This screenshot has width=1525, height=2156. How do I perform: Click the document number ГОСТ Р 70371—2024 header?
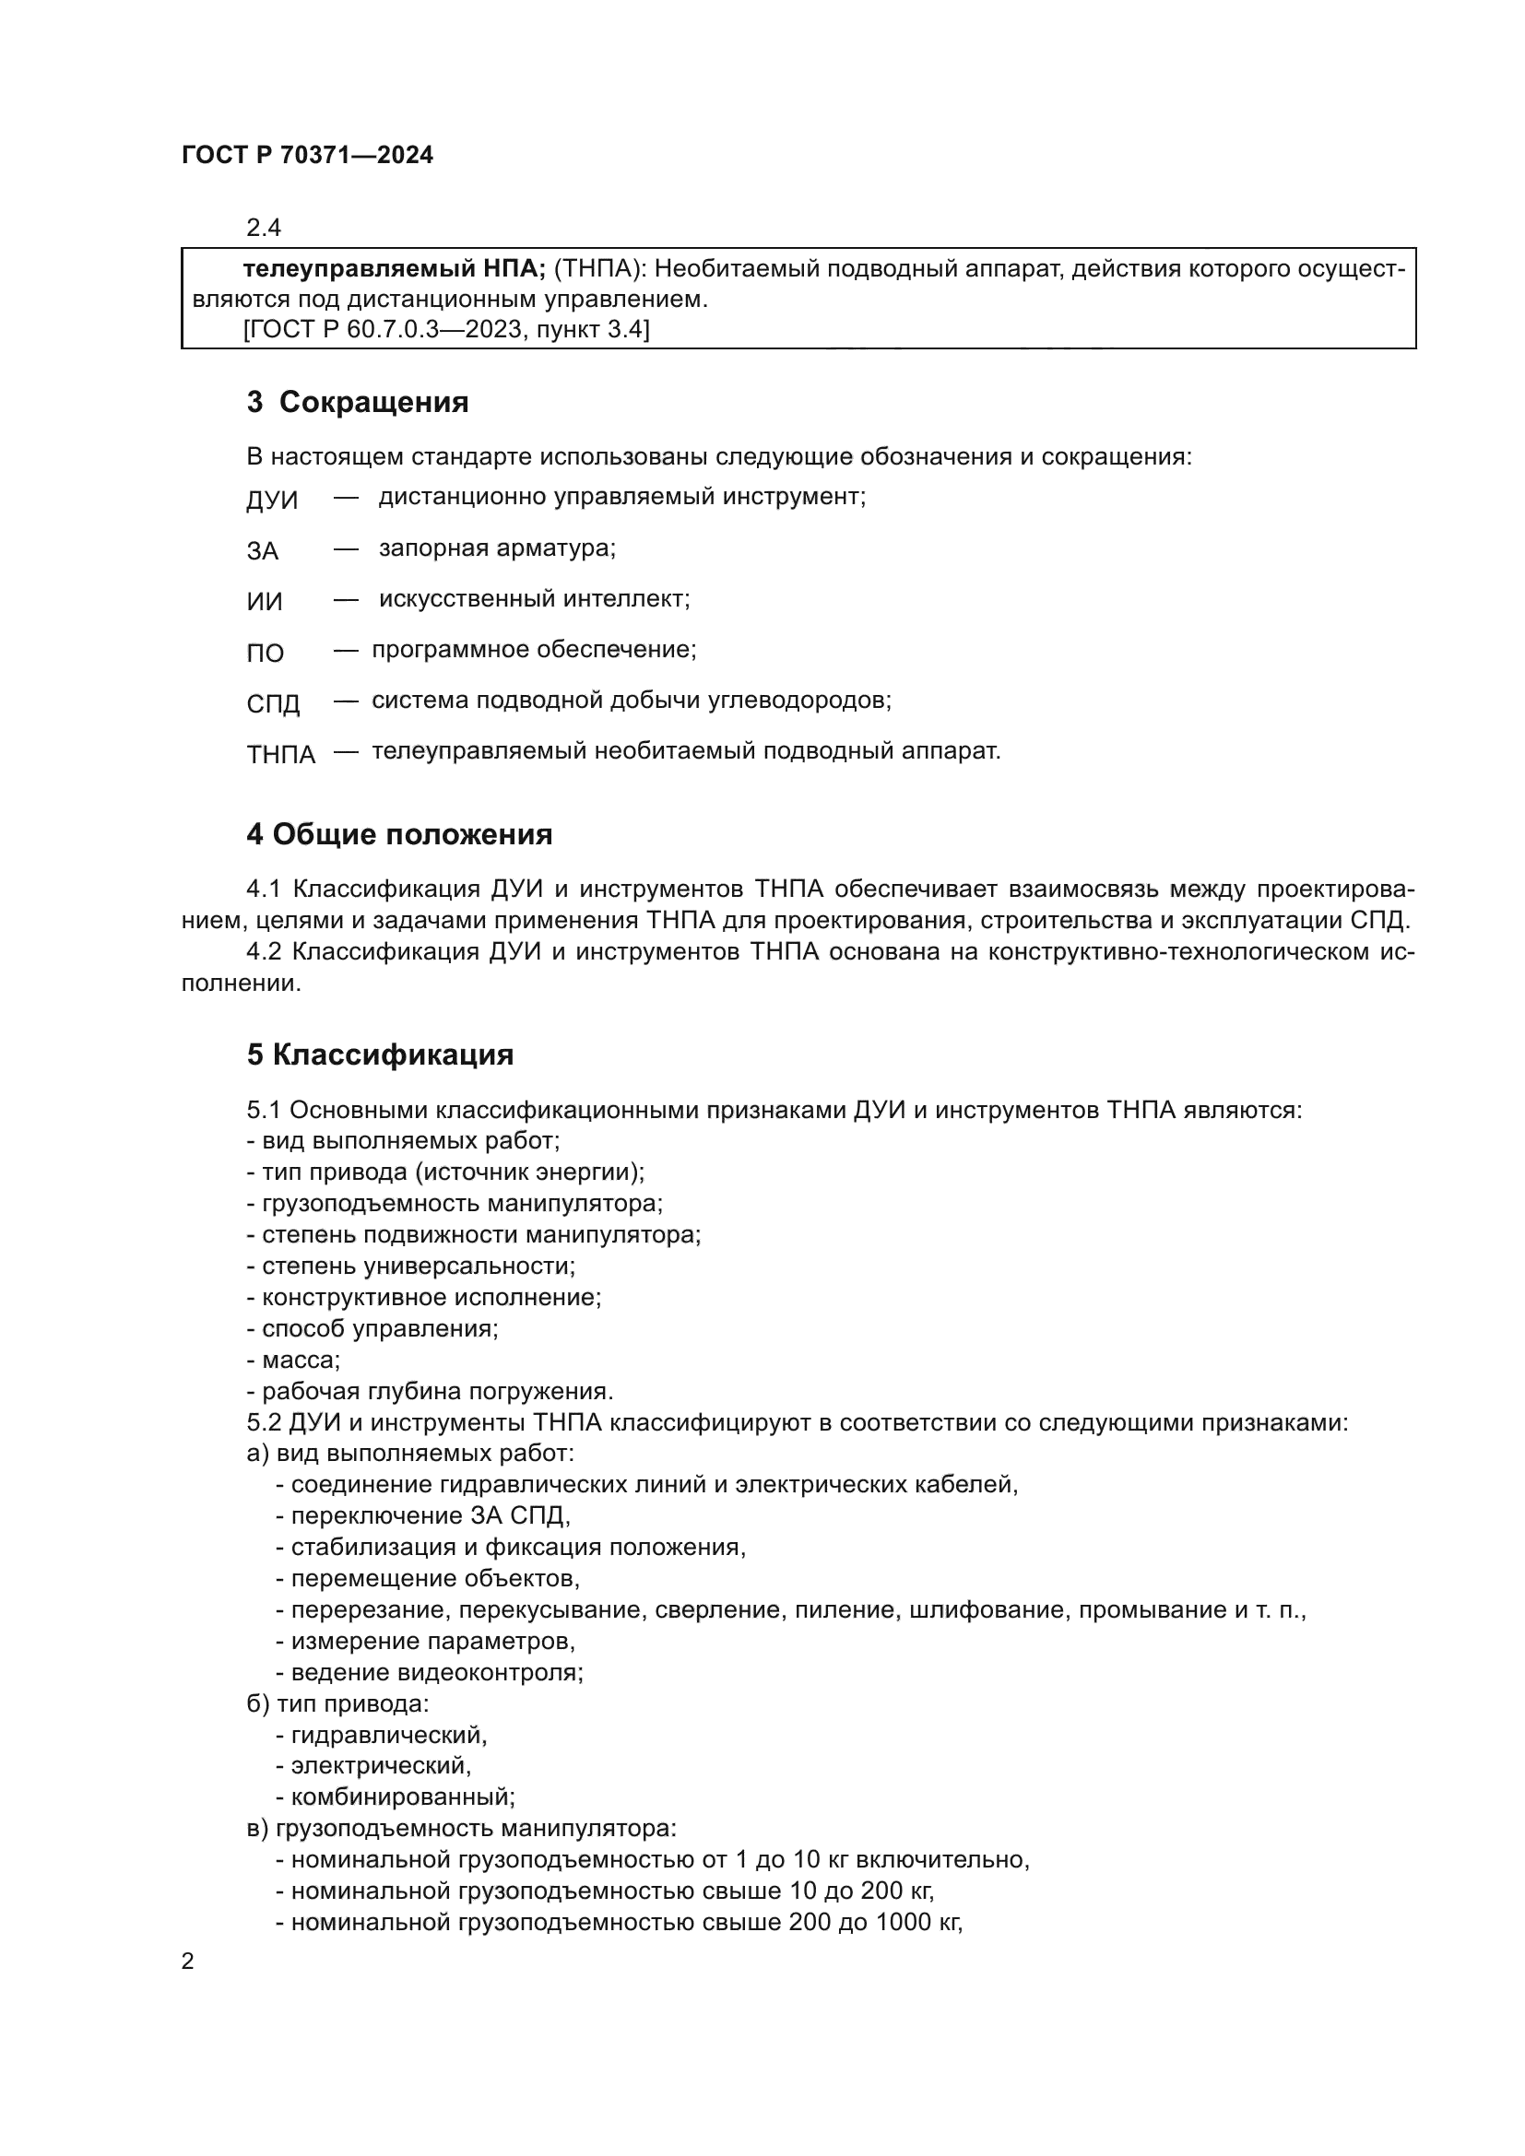[307, 156]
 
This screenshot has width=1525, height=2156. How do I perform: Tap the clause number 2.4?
[264, 229]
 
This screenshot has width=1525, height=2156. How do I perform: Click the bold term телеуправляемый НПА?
[395, 269]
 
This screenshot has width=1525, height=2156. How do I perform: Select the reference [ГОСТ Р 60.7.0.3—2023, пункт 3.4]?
[446, 330]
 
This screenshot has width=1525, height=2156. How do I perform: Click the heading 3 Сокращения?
[358, 402]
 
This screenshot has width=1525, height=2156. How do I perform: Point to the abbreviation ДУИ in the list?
[271, 501]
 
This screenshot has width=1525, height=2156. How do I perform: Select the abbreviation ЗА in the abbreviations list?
[263, 551]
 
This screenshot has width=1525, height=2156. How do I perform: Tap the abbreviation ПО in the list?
[265, 653]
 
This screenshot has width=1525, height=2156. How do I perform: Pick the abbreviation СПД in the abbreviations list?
[273, 703]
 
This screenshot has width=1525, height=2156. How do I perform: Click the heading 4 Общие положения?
[399, 834]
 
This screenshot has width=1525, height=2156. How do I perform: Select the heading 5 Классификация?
[380, 1054]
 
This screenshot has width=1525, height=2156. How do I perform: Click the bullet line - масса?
[294, 1360]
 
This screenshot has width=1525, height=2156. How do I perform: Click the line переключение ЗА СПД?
[429, 1515]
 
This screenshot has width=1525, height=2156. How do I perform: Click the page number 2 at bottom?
[188, 1962]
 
